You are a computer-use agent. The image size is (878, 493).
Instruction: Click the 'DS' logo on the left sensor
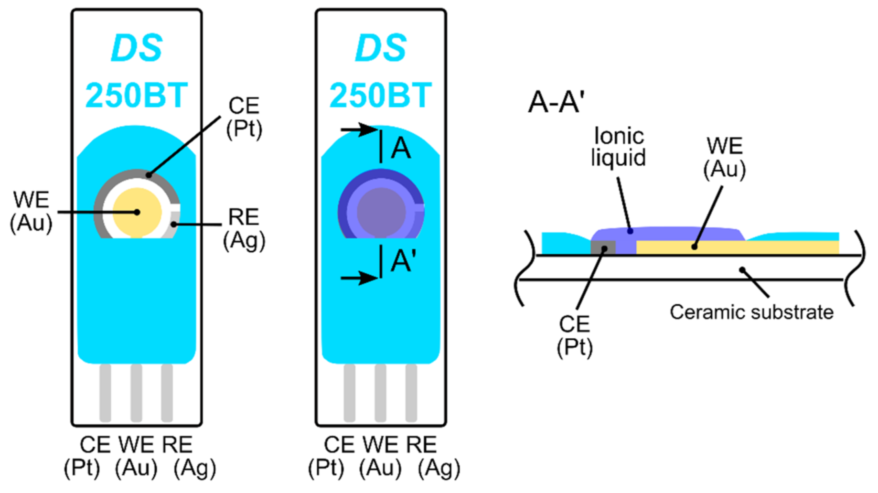pyautogui.click(x=137, y=48)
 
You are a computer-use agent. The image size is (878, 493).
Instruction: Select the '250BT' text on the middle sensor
pyautogui.click(x=381, y=96)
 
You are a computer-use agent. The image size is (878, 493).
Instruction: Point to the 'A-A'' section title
pyautogui.click(x=557, y=102)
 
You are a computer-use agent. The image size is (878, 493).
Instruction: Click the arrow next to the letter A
pyautogui.click(x=358, y=129)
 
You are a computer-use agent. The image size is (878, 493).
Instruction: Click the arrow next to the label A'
pyautogui.click(x=358, y=278)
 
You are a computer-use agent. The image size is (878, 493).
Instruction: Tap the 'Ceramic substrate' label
pyautogui.click(x=751, y=312)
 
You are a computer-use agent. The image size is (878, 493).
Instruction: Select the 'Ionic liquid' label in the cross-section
pyautogui.click(x=619, y=147)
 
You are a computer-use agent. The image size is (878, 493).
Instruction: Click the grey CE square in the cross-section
pyautogui.click(x=603, y=248)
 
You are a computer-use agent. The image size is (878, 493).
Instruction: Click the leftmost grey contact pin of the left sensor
pyautogui.click(x=105, y=393)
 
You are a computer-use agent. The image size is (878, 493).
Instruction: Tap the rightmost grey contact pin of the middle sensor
pyautogui.click(x=411, y=393)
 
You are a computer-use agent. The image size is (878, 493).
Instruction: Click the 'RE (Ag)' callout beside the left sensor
pyautogui.click(x=244, y=229)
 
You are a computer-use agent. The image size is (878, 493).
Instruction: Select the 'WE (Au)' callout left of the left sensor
pyautogui.click(x=31, y=211)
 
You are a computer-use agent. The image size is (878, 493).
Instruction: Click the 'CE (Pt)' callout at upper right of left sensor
pyautogui.click(x=244, y=117)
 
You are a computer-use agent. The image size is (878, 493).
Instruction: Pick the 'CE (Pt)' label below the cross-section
pyautogui.click(x=575, y=335)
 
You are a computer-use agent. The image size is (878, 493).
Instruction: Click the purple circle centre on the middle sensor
pyautogui.click(x=381, y=211)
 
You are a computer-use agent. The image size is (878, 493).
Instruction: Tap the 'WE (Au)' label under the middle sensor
pyautogui.click(x=380, y=457)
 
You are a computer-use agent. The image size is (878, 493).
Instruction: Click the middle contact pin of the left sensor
pyautogui.click(x=136, y=393)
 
